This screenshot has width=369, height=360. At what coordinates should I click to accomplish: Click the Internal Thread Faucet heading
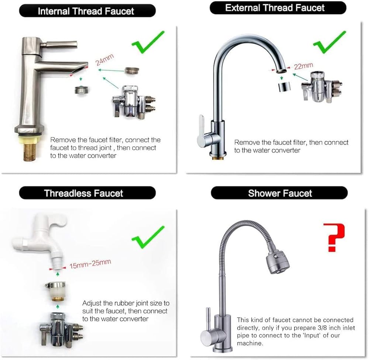point(86,11)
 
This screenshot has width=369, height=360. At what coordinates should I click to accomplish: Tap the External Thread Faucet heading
point(275,8)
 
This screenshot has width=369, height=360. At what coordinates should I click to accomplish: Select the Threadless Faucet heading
point(83,193)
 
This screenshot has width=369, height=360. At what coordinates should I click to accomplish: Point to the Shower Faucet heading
point(280,193)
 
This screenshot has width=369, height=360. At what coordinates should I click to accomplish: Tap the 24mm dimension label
point(104,59)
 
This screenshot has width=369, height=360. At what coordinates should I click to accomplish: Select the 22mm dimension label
point(303,66)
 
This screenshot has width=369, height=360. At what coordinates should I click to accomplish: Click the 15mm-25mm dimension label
point(90,264)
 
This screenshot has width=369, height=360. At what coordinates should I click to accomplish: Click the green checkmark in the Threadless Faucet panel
point(148,237)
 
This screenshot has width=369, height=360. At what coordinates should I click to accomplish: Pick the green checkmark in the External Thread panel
point(330,42)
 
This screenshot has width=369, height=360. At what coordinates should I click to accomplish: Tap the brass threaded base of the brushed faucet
point(30,150)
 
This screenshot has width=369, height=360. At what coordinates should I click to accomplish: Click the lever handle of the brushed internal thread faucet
point(59,44)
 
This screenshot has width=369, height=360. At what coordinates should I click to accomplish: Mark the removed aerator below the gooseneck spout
point(284,87)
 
